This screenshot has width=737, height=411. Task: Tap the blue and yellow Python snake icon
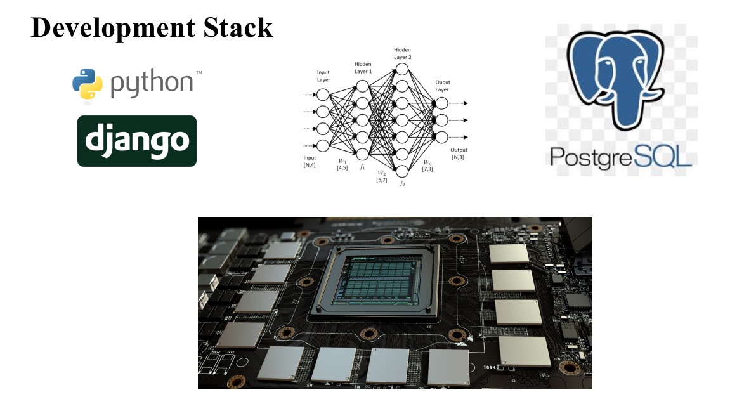click(88, 85)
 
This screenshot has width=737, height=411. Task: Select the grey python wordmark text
click(152, 84)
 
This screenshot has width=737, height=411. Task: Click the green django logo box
click(137, 141)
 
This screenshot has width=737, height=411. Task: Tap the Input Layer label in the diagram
click(323, 77)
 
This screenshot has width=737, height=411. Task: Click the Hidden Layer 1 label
click(363, 68)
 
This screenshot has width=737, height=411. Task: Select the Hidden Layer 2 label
click(402, 53)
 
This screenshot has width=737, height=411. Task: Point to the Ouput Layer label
click(442, 86)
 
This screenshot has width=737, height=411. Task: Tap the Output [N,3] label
click(458, 153)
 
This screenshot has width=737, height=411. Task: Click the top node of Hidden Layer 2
click(401, 68)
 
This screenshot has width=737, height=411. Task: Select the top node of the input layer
click(323, 95)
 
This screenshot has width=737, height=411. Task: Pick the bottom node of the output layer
click(441, 137)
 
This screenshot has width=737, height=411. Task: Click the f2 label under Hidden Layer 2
click(401, 183)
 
